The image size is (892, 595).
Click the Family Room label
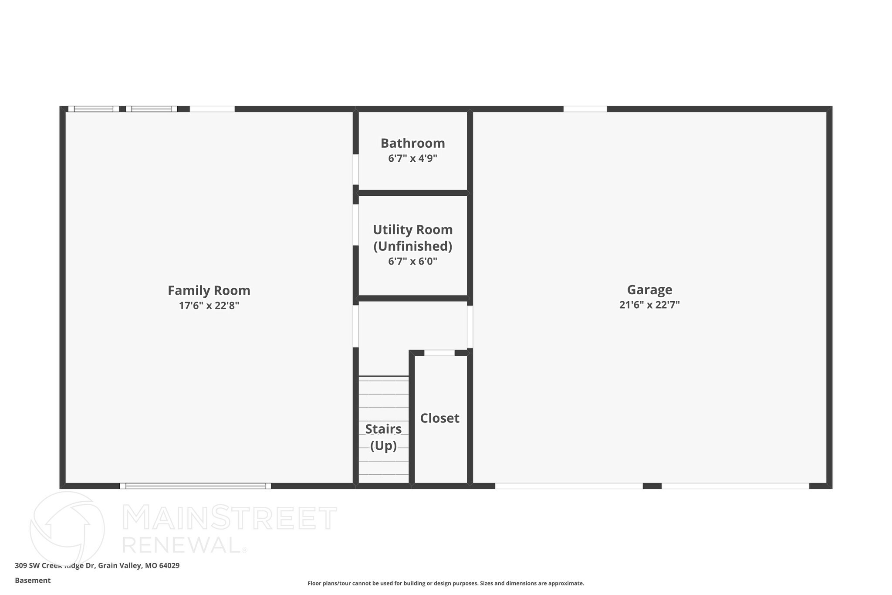coord(209,290)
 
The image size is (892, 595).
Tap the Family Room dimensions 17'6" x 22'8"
coord(209,306)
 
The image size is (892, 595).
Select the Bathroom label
coord(412,143)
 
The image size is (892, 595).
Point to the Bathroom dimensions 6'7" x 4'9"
coord(412,158)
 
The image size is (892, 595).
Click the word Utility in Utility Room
coord(391,230)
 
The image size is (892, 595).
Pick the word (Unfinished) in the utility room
coord(412,246)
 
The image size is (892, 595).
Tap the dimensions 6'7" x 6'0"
coord(412,262)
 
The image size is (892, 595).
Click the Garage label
coord(649,289)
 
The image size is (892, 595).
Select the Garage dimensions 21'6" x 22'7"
coord(649,305)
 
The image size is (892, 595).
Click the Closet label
coord(439,418)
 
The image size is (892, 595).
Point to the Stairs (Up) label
coord(383,437)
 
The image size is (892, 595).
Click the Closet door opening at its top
coord(439,353)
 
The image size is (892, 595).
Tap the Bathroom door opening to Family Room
coord(356,169)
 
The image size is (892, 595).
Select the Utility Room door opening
coord(356,224)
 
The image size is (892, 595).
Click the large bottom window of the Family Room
coord(195,486)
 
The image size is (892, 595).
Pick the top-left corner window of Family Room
coord(93,109)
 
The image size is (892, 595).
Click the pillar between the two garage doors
coord(652,486)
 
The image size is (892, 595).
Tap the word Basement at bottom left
coord(33,581)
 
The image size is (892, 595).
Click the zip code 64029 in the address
coord(169,566)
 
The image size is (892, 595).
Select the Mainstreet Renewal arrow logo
coord(67,528)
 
